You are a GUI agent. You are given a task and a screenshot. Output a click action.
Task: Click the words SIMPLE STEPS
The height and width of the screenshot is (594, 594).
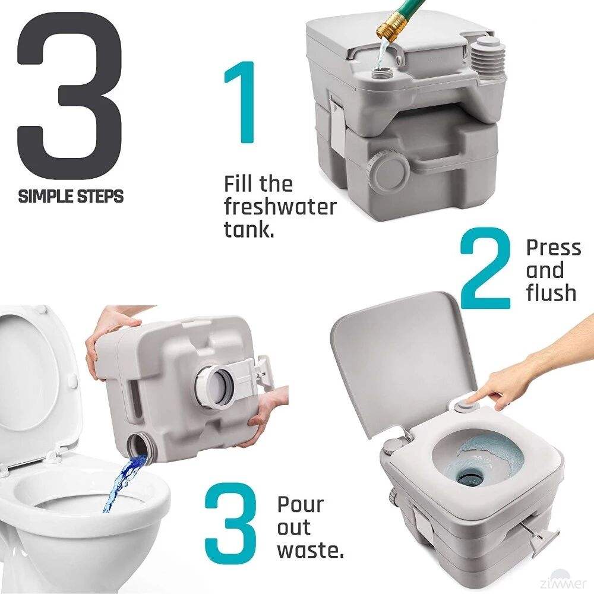[71, 196]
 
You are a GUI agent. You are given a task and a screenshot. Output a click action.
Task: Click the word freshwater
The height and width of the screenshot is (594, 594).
[280, 207]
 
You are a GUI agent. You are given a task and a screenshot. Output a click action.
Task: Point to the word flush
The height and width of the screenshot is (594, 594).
[551, 293]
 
